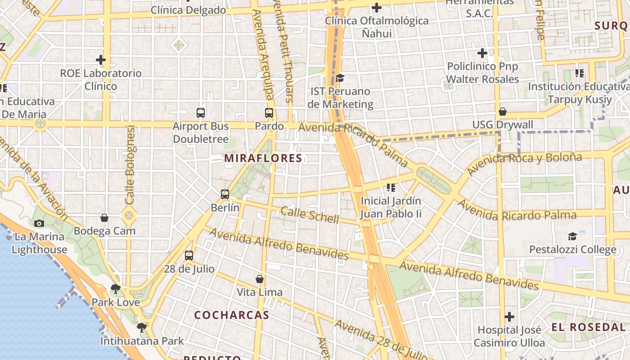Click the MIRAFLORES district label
[x=263, y=158]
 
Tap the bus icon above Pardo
[x=269, y=113]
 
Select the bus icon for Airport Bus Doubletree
[x=201, y=113]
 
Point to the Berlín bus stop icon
[x=225, y=194]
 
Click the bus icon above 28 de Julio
[x=189, y=256]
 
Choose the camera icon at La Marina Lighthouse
[x=39, y=223]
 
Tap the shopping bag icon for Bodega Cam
[x=104, y=218]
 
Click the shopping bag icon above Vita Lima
[x=260, y=279]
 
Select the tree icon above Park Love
[x=116, y=289]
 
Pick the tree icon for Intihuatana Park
[x=142, y=327]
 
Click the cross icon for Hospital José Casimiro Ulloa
[x=509, y=316]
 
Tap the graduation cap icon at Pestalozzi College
[x=572, y=236]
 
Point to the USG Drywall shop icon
[x=503, y=112]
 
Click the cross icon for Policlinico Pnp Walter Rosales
[x=482, y=53]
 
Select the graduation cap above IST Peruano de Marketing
[x=340, y=78]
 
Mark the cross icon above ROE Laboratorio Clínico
[x=101, y=59]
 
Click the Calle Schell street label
[x=310, y=215]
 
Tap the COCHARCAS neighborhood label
[x=231, y=315]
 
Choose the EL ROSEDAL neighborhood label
[x=589, y=327]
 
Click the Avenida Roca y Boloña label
[x=524, y=163]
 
